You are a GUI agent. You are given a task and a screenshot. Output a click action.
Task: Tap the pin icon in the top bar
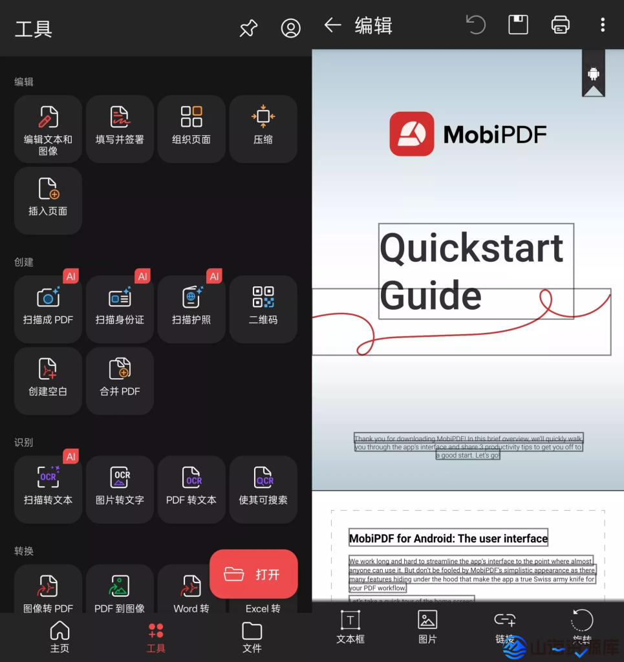click(248, 28)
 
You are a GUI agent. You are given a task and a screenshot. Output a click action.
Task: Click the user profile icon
click(291, 28)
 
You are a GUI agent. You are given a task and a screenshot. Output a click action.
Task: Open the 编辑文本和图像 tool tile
click(48, 129)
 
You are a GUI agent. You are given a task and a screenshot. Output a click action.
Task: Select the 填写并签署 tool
click(120, 129)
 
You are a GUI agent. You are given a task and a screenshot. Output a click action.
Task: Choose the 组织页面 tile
click(191, 129)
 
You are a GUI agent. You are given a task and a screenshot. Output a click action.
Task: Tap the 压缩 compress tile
click(263, 129)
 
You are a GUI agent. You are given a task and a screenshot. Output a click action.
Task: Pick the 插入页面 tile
click(48, 200)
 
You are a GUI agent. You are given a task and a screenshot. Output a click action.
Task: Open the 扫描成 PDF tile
click(48, 308)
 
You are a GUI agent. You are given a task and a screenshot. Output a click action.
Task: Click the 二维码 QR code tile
click(263, 308)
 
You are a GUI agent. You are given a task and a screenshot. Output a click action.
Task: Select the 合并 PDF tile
click(120, 380)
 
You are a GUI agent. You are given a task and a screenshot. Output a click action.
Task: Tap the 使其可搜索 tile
click(263, 489)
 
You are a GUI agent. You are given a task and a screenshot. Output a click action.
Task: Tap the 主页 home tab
click(59, 637)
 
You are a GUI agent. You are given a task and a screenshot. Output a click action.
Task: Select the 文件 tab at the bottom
click(252, 637)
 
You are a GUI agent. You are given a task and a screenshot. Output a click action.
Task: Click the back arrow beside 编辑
click(332, 25)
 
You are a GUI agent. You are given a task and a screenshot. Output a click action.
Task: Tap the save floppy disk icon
click(518, 25)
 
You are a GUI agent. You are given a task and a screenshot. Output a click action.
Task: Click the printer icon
click(560, 25)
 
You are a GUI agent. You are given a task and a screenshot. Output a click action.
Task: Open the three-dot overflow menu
click(603, 25)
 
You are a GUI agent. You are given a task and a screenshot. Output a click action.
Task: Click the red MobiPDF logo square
click(411, 134)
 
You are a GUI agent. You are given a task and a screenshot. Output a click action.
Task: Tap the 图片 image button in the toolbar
click(427, 626)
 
